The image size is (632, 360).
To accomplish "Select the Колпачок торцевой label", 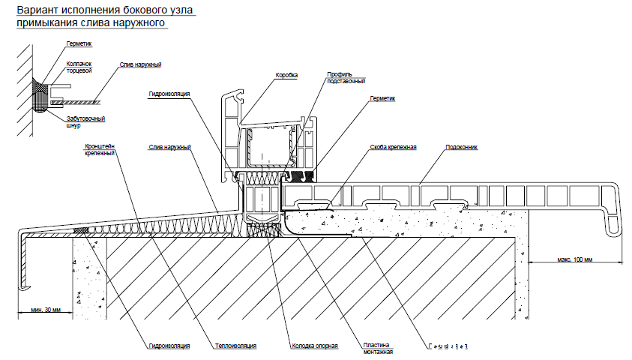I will click(x=78, y=67).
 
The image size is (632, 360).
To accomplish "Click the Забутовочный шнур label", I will click(x=85, y=122).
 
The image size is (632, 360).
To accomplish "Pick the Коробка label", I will click(x=286, y=76).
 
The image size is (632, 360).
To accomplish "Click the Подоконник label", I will click(x=461, y=147).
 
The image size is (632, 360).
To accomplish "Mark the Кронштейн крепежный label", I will click(x=99, y=149).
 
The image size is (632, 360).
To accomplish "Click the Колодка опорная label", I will click(x=314, y=346).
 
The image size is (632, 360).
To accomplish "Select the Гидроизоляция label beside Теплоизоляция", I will click(x=169, y=346).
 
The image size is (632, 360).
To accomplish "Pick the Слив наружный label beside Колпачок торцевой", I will click(x=140, y=65).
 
